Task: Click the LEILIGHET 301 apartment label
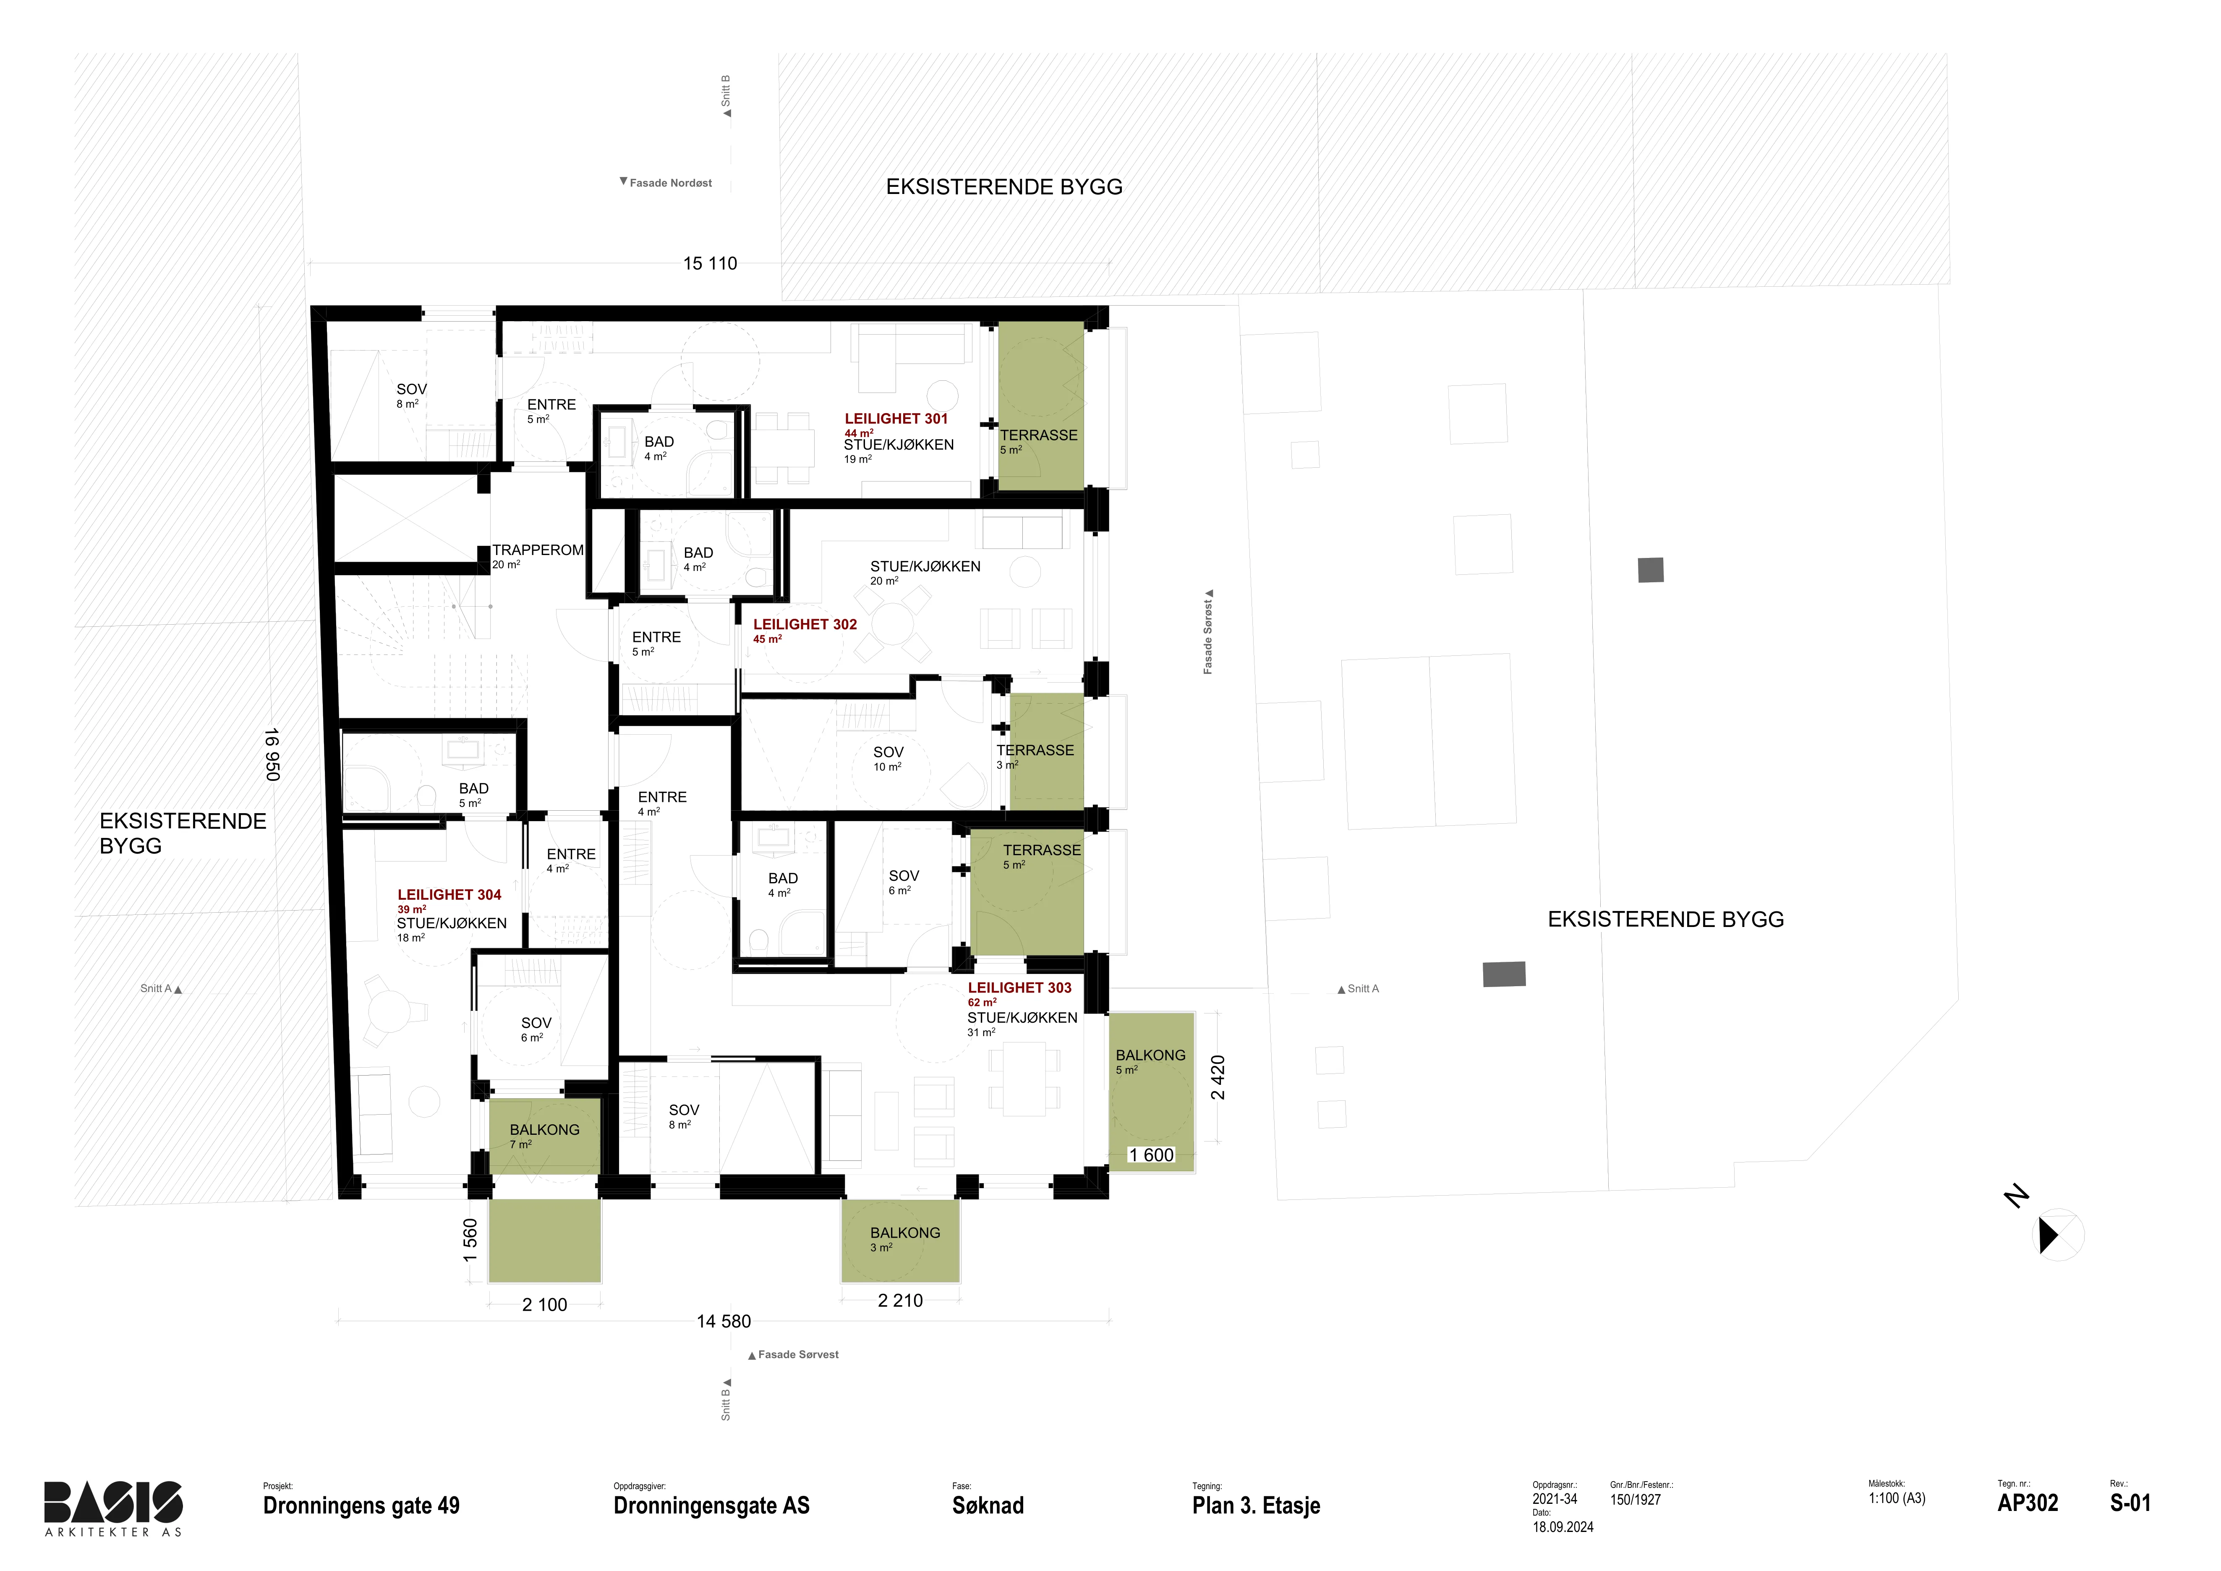[896, 419]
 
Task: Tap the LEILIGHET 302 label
[805, 625]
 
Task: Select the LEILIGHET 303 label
[1019, 988]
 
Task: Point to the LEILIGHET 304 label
[449, 895]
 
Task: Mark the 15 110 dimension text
[710, 263]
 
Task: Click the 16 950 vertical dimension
[272, 754]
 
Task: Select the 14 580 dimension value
[724, 1322]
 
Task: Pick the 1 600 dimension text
[1151, 1155]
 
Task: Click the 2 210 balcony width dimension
[901, 1301]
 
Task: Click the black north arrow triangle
[2048, 1235]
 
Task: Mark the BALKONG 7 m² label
[545, 1136]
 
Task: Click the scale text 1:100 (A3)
[1897, 1498]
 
